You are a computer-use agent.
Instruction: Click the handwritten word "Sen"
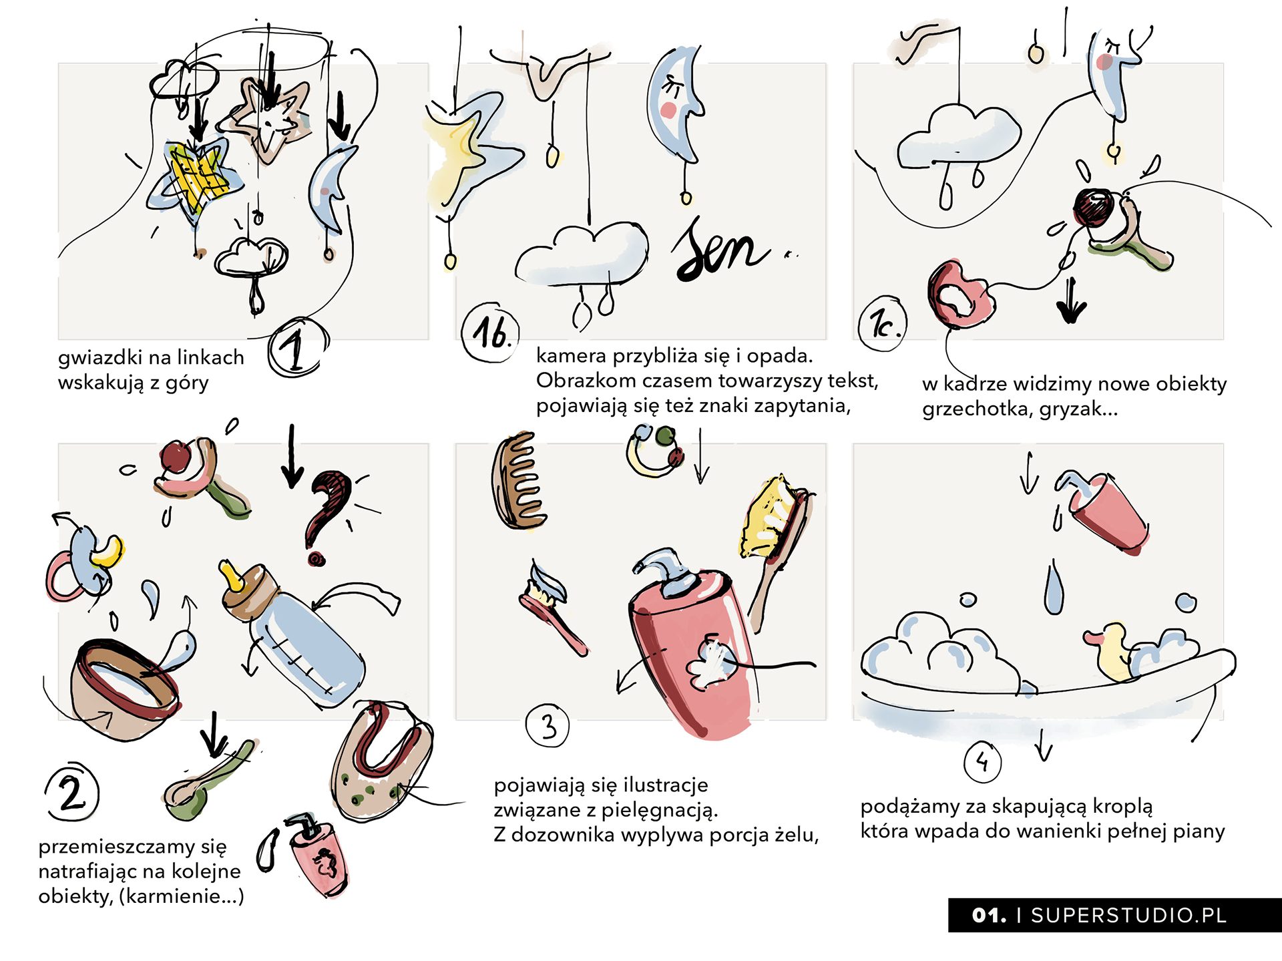click(721, 250)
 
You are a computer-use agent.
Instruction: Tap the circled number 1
click(298, 347)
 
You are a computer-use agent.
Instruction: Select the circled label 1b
click(491, 333)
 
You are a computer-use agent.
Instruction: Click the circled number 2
click(72, 793)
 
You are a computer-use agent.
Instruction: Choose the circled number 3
click(548, 726)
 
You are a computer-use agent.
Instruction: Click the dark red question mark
click(327, 511)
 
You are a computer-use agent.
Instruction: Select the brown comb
click(517, 481)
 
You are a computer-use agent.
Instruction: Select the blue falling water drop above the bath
click(1054, 588)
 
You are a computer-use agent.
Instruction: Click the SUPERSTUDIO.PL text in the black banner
click(1128, 916)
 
